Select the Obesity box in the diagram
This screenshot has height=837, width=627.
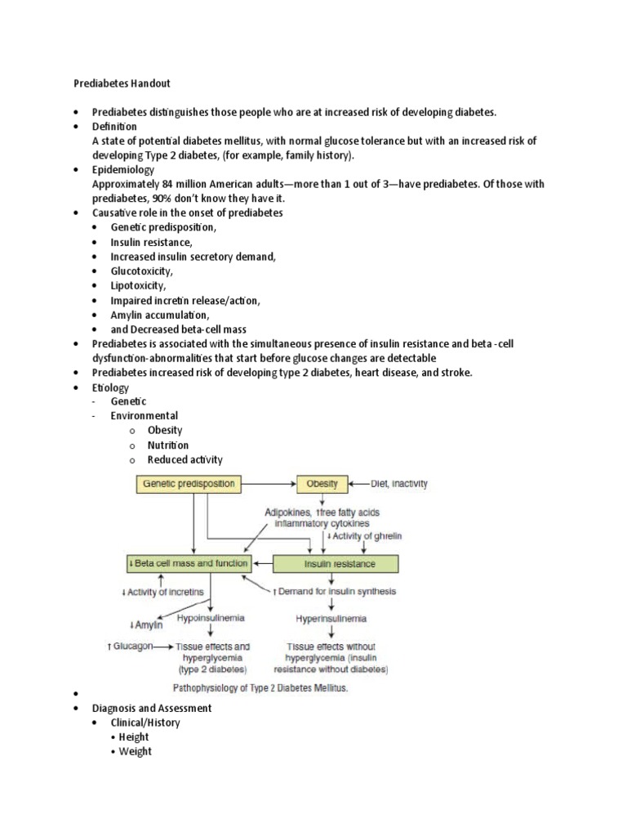pos(322,484)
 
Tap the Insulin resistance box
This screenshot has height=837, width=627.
pos(336,564)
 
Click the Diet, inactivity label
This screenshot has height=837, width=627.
pos(399,484)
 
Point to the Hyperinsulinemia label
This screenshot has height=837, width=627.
pos(331,618)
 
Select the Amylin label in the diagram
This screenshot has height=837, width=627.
pos(146,625)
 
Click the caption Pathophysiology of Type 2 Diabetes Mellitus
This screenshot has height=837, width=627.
pos(260,688)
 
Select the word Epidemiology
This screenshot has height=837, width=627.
pos(123,170)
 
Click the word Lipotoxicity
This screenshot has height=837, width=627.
pos(139,286)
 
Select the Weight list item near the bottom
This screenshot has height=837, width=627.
pos(135,752)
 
